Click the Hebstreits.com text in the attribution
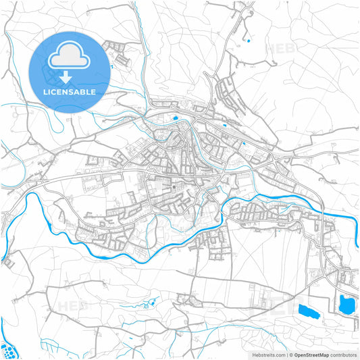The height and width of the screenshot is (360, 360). (x=268, y=354)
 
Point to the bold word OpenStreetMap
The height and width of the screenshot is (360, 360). (x=311, y=354)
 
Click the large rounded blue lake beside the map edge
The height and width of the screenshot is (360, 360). (x=348, y=305)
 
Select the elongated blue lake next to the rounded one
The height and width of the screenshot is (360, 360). (x=307, y=311)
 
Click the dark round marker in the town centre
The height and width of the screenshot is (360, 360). (x=174, y=187)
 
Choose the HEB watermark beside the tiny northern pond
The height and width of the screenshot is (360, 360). (x=278, y=49)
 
